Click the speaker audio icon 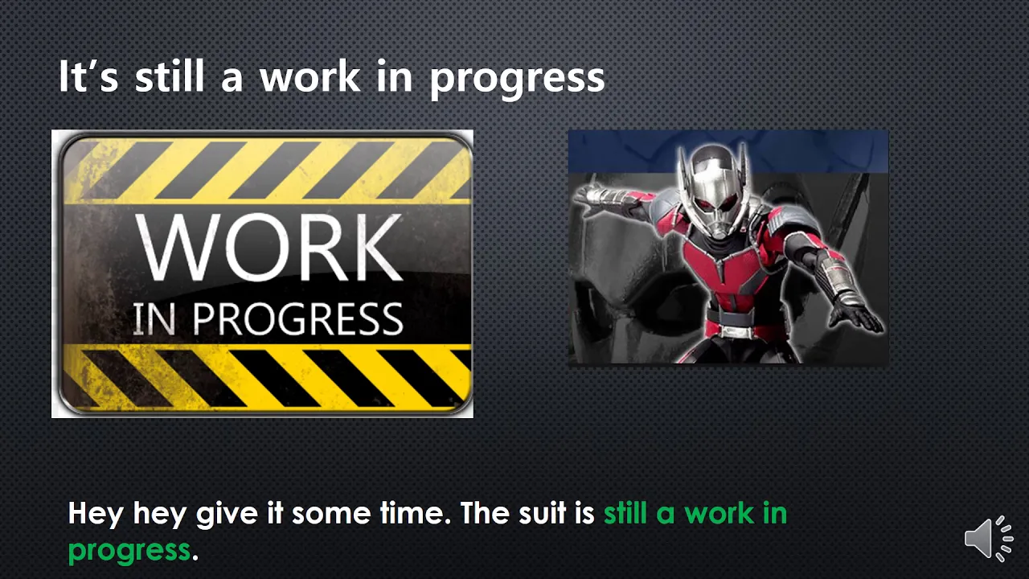pos(989,538)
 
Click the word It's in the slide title pos(88,76)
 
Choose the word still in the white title pos(169,76)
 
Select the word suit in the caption pos(542,513)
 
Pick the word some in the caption pos(331,514)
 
